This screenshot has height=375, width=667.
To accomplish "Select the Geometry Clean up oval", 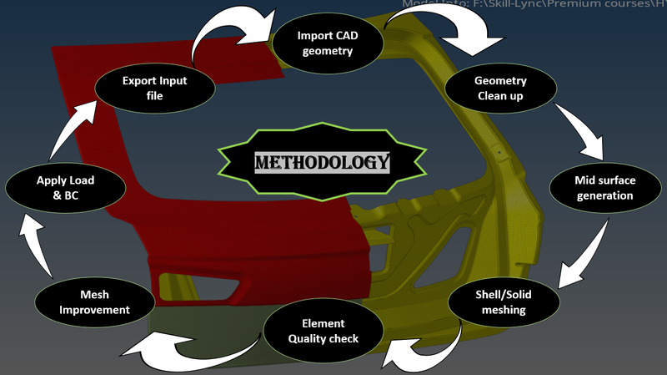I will [x=500, y=88].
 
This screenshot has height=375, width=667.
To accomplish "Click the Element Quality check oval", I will [x=323, y=331].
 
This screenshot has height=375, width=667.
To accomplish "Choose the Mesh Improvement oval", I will [x=93, y=302].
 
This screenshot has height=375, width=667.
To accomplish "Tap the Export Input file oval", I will [x=154, y=88].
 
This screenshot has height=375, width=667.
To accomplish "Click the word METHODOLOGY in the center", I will [x=322, y=161].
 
